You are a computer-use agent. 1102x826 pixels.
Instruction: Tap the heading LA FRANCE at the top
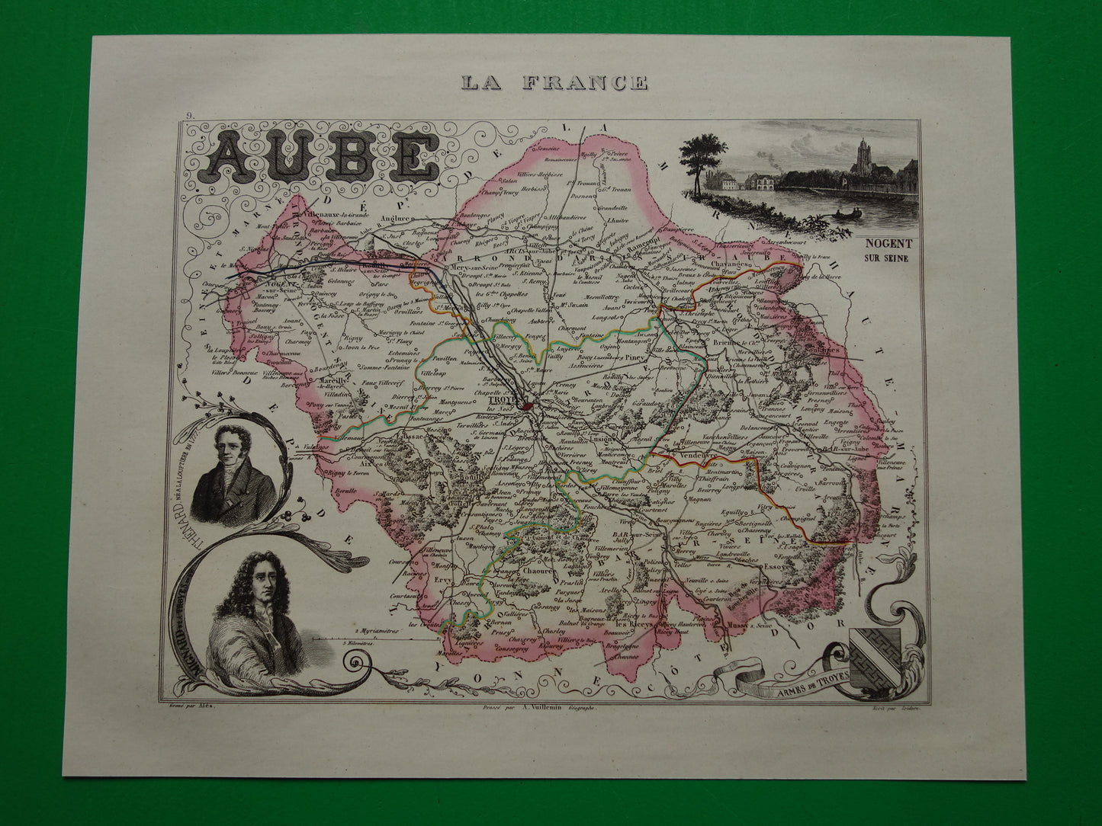click(552, 82)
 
